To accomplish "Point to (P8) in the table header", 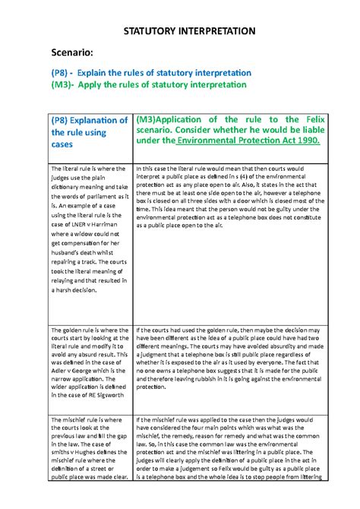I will click(63, 120).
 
